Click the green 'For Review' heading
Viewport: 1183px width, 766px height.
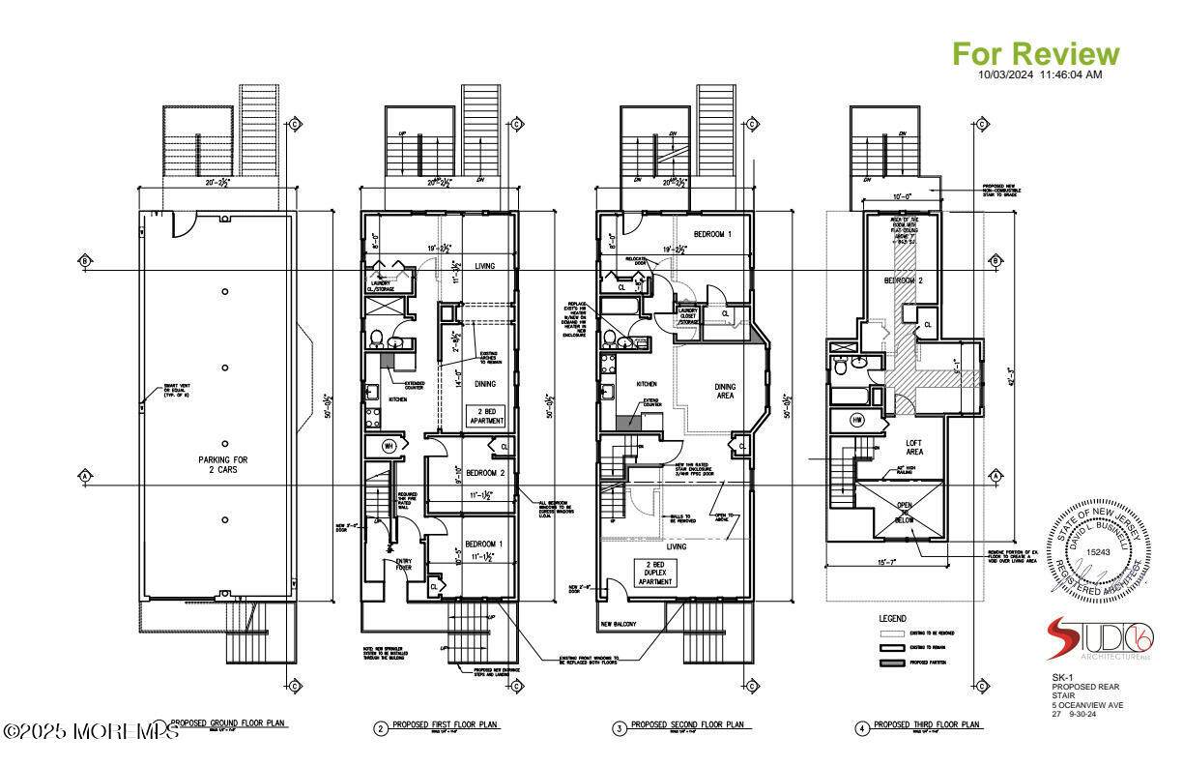[x=1036, y=53]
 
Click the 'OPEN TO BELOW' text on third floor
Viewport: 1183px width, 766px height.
[x=904, y=512]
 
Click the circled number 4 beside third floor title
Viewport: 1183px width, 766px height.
[x=862, y=728]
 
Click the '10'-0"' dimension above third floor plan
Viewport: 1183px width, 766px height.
[x=901, y=196]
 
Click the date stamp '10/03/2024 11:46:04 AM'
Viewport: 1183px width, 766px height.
[x=1040, y=74]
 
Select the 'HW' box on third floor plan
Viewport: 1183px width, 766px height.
[x=857, y=420]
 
